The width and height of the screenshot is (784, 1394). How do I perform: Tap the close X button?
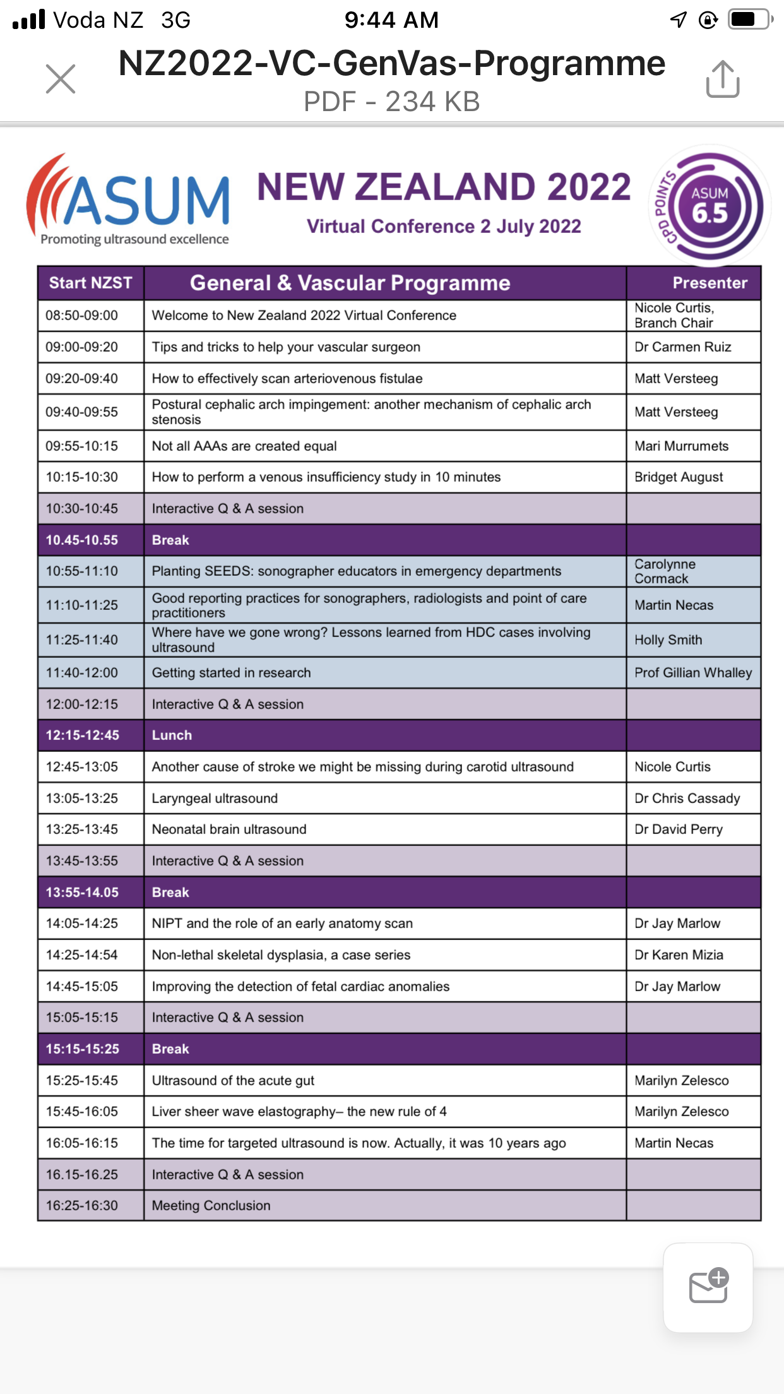point(61,79)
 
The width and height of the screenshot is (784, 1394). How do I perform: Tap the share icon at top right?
point(723,80)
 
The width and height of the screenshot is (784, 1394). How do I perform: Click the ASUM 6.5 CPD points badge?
point(710,205)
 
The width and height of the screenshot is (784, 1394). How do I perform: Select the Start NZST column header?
point(91,283)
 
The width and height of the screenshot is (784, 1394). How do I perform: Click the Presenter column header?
point(710,283)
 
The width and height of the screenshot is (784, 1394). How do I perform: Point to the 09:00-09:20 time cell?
point(81,347)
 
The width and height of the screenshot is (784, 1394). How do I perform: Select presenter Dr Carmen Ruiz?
point(682,347)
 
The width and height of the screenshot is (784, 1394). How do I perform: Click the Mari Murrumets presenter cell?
point(681,446)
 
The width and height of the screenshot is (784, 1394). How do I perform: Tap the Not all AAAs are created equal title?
point(244,446)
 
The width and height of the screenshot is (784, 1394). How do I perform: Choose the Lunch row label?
point(172,736)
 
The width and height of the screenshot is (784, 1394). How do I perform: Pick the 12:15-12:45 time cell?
point(82,736)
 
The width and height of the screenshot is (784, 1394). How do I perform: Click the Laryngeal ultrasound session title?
point(215,799)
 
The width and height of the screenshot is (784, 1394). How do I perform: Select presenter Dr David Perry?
point(679,830)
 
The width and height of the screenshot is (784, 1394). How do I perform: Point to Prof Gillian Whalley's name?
point(693,673)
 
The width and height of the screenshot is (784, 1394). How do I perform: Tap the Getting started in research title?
point(231,673)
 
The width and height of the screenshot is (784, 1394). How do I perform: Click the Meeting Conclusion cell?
point(211,1206)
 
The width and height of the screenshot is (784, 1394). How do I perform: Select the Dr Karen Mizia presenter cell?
point(679,955)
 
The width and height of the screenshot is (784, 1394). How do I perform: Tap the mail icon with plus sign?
point(708,1287)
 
